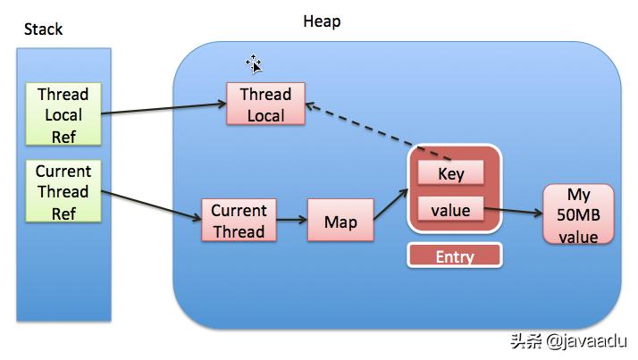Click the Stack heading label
pyautogui.click(x=43, y=29)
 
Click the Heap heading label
pyautogui.click(x=321, y=21)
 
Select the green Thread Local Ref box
pyautogui.click(x=63, y=114)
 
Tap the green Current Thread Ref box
pyautogui.click(x=63, y=191)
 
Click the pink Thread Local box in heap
pyautogui.click(x=265, y=105)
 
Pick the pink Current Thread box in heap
pyautogui.click(x=239, y=221)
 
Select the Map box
pyautogui.click(x=340, y=221)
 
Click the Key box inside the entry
pyautogui.click(x=450, y=173)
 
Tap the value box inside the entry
pyautogui.click(x=450, y=212)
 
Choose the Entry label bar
pyautogui.click(x=454, y=256)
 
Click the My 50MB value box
pyautogui.click(x=578, y=215)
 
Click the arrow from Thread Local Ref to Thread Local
pyautogui.click(x=165, y=109)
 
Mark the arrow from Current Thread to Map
pyautogui.click(x=291, y=222)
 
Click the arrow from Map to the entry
pyautogui.click(x=391, y=203)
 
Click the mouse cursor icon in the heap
pyautogui.click(x=254, y=63)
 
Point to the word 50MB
pyautogui.click(x=578, y=216)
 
